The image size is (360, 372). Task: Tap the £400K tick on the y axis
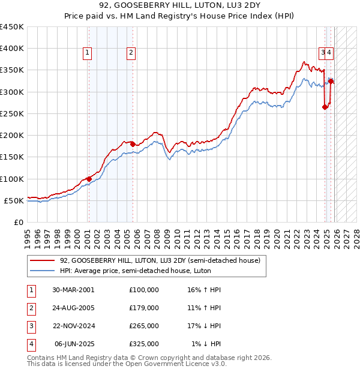12,49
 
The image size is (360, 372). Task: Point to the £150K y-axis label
12,157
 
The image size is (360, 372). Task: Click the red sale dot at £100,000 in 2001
89,179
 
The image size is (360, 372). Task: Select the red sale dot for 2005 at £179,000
133,144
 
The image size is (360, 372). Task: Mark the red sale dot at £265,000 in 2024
325,107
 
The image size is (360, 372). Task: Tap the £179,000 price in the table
143,307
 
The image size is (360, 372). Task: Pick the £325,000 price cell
143,344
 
